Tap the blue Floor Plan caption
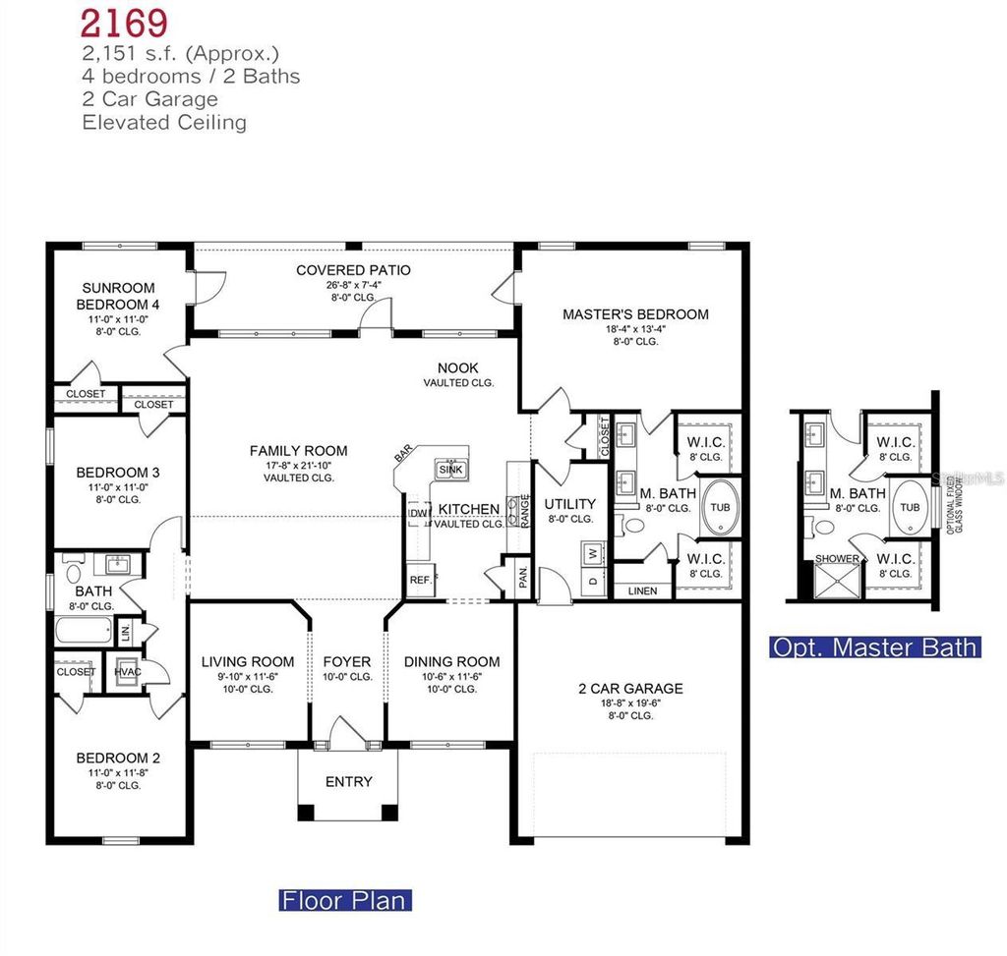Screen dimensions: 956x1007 point(344,900)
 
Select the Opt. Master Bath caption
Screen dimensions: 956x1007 point(874,647)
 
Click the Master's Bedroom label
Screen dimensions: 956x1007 point(635,314)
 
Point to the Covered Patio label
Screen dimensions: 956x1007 point(353,270)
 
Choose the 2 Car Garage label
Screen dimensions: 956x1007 point(629,689)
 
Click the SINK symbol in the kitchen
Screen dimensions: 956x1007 point(451,469)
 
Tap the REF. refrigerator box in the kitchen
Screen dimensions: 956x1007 point(421,580)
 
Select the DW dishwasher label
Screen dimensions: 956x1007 point(418,513)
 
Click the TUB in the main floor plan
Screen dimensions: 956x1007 point(720,508)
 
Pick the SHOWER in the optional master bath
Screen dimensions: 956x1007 point(836,559)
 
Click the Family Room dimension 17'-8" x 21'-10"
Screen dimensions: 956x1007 point(298,465)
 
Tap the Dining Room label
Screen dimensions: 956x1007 point(451,662)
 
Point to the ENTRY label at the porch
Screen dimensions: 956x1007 point(348,781)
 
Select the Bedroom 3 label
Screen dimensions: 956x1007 point(118,473)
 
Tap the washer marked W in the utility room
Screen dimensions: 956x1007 point(592,553)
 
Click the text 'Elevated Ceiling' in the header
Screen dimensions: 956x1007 point(164,123)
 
